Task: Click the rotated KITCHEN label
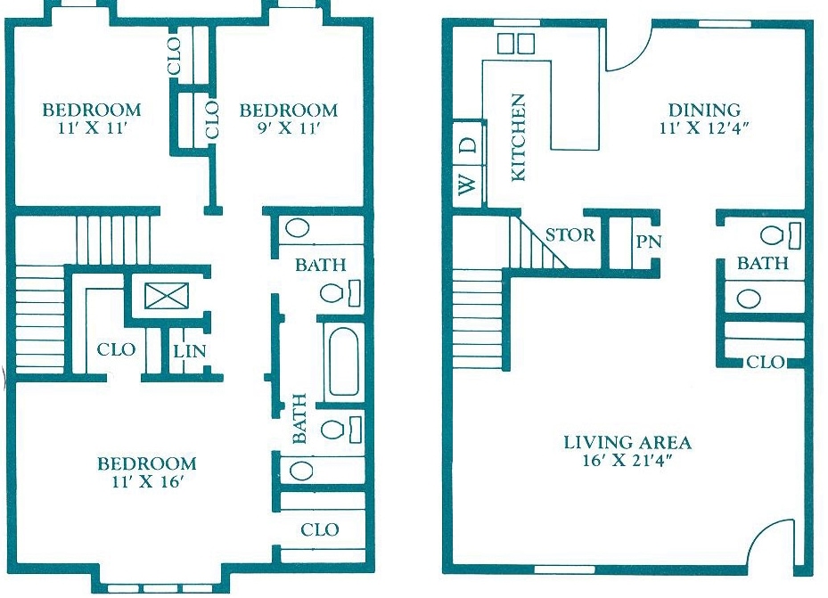click(518, 138)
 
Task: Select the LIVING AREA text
click(627, 442)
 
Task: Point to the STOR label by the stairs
click(570, 236)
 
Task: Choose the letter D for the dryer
click(467, 143)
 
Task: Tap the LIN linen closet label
click(189, 351)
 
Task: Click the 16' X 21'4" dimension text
click(627, 462)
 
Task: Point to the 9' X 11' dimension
click(289, 128)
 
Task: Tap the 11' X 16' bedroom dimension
click(147, 483)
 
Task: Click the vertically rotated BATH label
click(299, 418)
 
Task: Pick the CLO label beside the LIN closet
click(116, 349)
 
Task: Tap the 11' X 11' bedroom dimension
click(92, 128)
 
